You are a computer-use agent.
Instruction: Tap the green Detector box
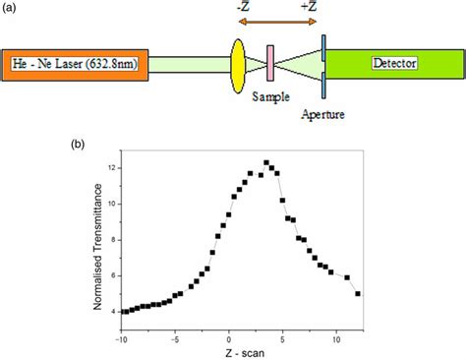click(393, 65)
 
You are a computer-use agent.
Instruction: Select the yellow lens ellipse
click(238, 65)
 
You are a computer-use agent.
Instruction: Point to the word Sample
click(269, 96)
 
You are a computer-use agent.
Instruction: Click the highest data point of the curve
click(265, 162)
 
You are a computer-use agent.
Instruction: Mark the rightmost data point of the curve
click(358, 293)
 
